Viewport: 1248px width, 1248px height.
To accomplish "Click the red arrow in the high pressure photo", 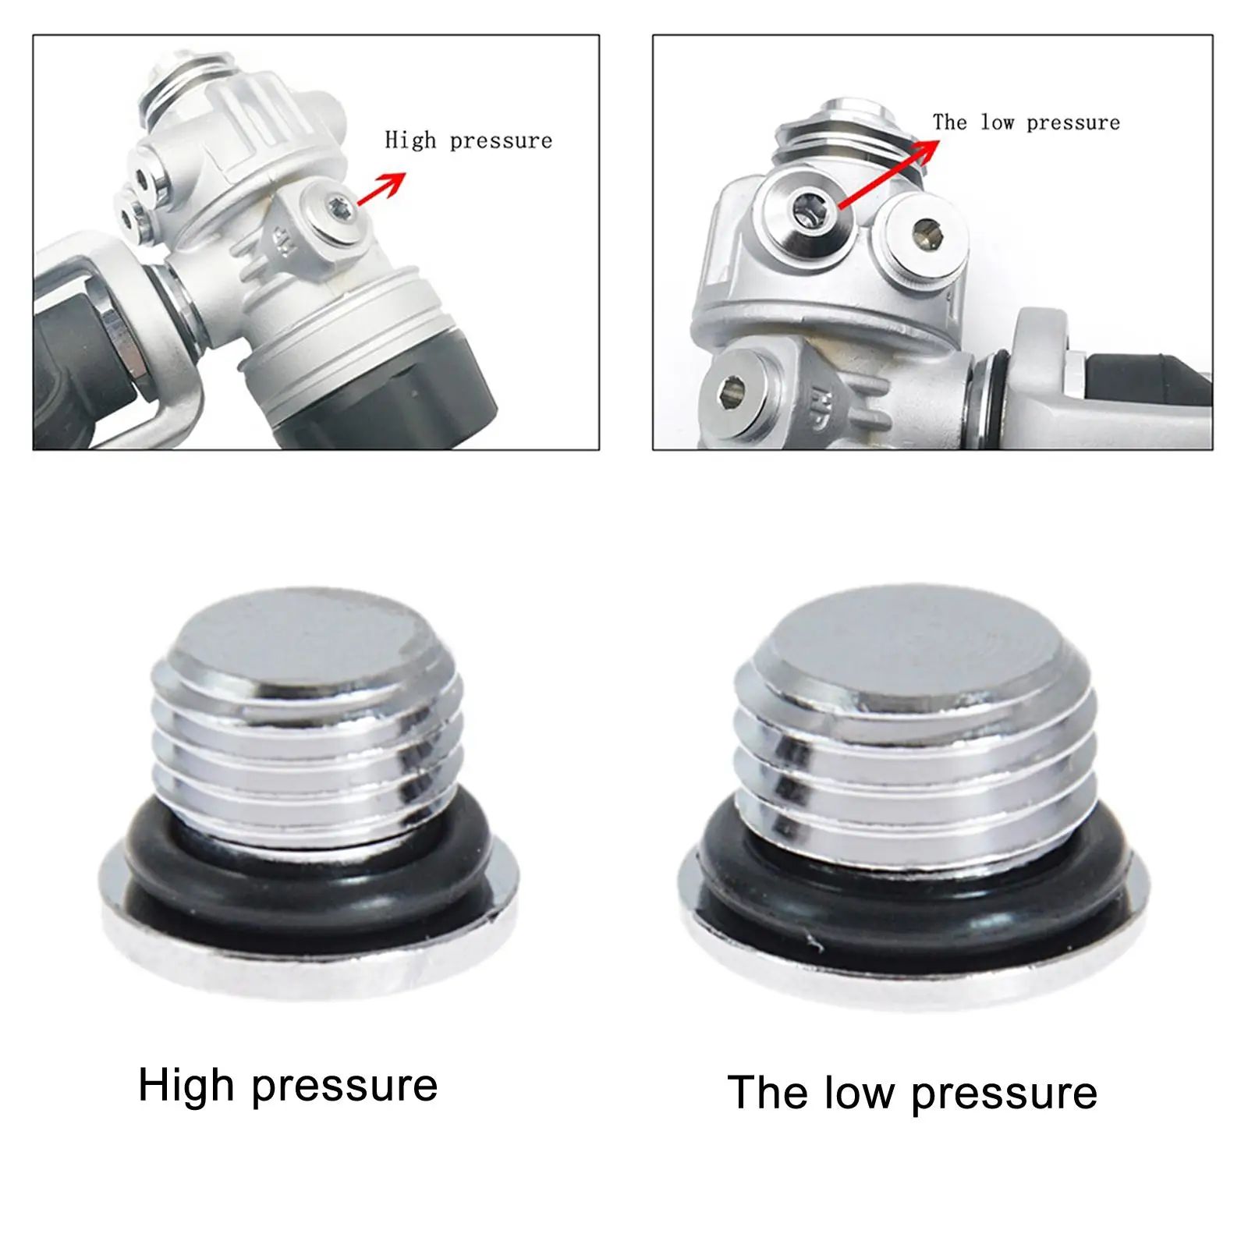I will [382, 188].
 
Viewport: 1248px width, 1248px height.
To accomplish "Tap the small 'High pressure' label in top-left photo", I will [468, 140].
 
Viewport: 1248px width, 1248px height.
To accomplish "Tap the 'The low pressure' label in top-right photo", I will [1026, 122].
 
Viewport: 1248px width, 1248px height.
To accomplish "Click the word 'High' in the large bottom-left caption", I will [186, 1086].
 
